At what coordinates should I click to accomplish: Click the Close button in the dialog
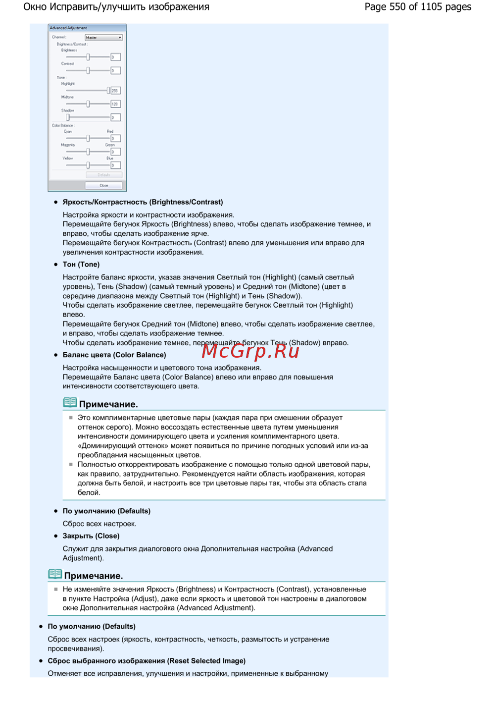coord(103,185)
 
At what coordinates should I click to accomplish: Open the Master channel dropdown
coord(103,38)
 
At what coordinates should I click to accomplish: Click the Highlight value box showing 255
coord(115,91)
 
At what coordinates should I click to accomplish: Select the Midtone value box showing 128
coord(115,104)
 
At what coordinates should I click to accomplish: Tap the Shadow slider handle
coord(68,117)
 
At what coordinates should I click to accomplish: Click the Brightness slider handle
coord(88,57)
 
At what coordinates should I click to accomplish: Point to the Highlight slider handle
coord(108,91)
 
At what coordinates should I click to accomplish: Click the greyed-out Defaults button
coord(103,175)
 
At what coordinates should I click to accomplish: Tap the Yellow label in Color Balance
coord(68,159)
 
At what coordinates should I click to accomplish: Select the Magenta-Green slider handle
coord(88,152)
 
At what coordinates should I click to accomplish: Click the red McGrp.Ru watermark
coord(250,351)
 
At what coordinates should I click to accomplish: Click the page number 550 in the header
coord(397,7)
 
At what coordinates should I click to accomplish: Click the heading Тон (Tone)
coord(81,265)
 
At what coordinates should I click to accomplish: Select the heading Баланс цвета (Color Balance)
coord(114,355)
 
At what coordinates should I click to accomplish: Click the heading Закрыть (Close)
coord(91,536)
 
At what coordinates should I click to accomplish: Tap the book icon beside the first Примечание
coord(70,402)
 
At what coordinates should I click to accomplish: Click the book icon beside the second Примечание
coord(55,574)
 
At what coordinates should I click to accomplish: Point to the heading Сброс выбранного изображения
coord(147,661)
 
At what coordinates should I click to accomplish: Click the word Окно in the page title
coord(35,7)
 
